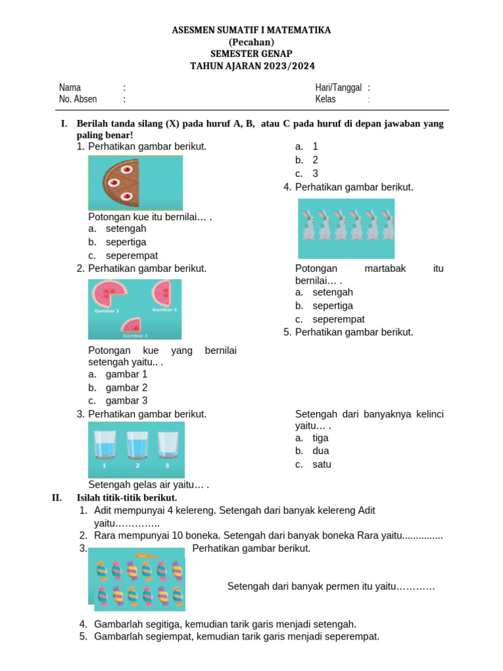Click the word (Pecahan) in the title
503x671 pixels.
pyautogui.click(x=251, y=42)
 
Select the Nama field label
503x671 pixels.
pyautogui.click(x=70, y=88)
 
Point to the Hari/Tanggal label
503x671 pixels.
pyautogui.click(x=338, y=88)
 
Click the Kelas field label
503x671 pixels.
pyautogui.click(x=326, y=100)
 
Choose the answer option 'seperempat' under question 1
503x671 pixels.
pyautogui.click(x=132, y=256)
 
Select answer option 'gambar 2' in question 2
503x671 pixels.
pyautogui.click(x=126, y=387)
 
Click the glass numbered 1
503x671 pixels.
pyautogui.click(x=105, y=444)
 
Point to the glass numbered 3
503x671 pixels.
pyautogui.click(x=168, y=444)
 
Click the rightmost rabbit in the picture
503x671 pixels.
pyautogui.click(x=388, y=225)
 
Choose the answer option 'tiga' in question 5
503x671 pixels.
pyautogui.click(x=320, y=438)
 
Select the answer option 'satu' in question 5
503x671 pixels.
pyautogui.click(x=322, y=465)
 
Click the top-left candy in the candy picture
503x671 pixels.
pyautogui.click(x=102, y=571)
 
